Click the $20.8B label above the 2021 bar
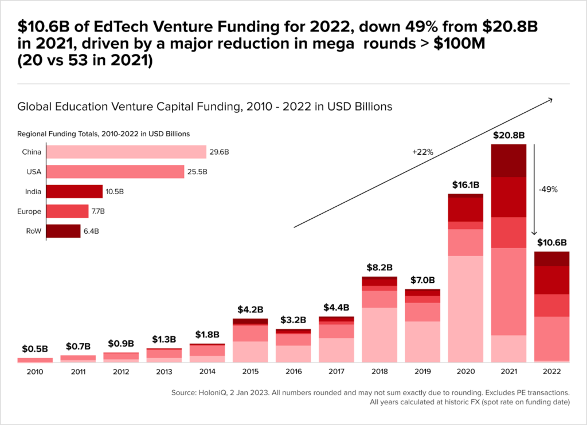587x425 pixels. [508, 136]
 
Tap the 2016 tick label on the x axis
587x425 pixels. [293, 372]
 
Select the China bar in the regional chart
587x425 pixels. [126, 152]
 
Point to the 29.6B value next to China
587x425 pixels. [218, 152]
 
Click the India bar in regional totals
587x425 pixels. [74, 191]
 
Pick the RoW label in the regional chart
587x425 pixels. [33, 231]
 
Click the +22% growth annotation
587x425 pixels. [422, 152]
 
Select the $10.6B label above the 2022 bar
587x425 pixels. [551, 243]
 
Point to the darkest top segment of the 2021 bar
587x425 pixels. [508, 160]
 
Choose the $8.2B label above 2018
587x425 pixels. [379, 267]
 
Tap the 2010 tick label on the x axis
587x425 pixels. [34, 372]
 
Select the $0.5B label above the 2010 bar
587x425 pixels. [34, 349]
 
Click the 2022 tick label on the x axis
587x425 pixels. [551, 372]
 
